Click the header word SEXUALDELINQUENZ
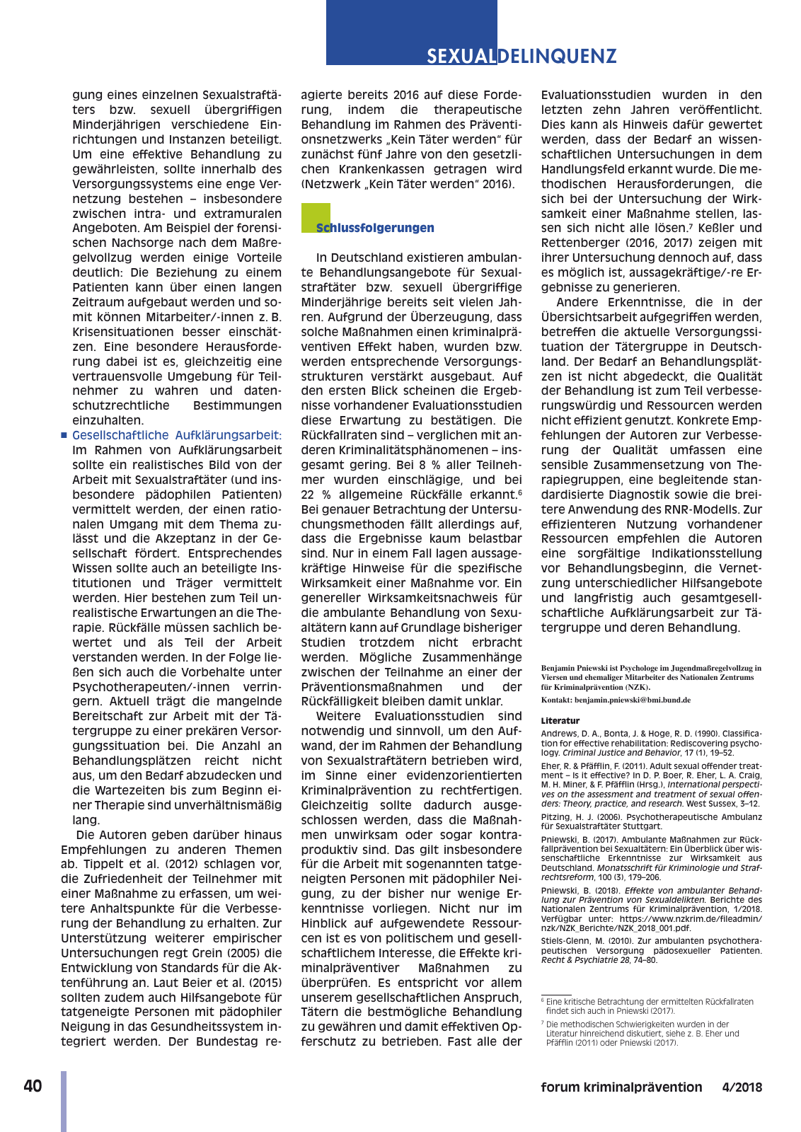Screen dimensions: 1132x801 pos(521,56)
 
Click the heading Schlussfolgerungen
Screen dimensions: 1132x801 pos(375,228)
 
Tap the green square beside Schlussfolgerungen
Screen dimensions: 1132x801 pos(315,217)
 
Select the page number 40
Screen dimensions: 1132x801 pos(33,1087)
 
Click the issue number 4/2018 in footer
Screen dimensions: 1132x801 pos(742,1087)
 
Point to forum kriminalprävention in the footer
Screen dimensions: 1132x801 pos(621,1087)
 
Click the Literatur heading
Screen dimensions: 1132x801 pos(560,721)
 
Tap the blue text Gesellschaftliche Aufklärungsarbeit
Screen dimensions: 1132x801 pos(176,435)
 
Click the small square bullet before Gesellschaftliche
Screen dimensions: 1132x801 pos(64,436)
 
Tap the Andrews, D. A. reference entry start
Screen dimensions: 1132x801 pos(570,734)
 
